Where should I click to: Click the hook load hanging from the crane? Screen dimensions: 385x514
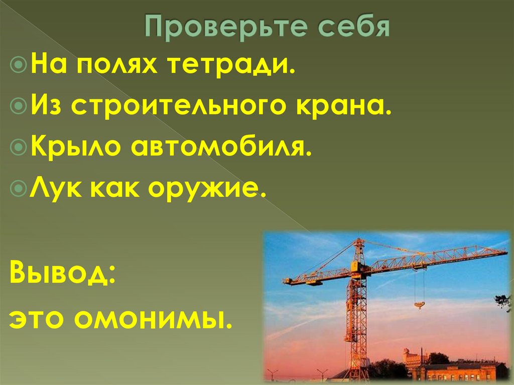point(419,304)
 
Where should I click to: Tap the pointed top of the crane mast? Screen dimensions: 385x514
point(358,240)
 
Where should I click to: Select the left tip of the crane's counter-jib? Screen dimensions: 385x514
point(286,282)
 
